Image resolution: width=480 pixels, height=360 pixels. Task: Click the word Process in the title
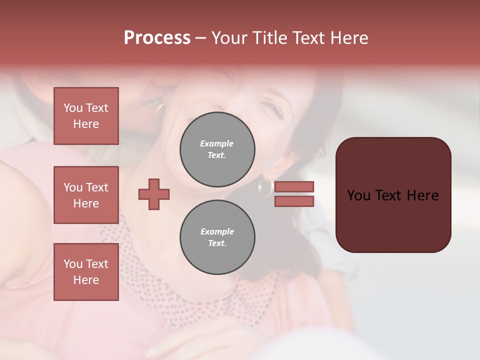[157, 38]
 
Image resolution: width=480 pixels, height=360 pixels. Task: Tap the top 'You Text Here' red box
[86, 116]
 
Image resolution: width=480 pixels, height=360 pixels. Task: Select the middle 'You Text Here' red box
[86, 195]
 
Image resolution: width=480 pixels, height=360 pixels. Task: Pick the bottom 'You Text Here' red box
[86, 272]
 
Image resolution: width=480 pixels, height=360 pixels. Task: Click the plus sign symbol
[154, 194]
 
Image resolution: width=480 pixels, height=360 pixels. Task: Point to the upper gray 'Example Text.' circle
[217, 149]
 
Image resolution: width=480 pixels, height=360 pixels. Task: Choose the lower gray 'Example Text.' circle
[217, 237]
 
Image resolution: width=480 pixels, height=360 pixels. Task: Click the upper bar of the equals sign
[294, 186]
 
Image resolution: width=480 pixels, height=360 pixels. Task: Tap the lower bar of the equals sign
[294, 201]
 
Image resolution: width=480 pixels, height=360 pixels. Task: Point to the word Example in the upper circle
[216, 143]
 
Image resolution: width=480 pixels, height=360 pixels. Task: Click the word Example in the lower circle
[217, 231]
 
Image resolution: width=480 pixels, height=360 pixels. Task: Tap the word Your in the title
[229, 38]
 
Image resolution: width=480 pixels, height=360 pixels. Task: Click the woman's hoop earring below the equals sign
[265, 188]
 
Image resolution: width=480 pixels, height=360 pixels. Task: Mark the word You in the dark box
[359, 195]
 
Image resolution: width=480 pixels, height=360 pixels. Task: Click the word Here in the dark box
[422, 195]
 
